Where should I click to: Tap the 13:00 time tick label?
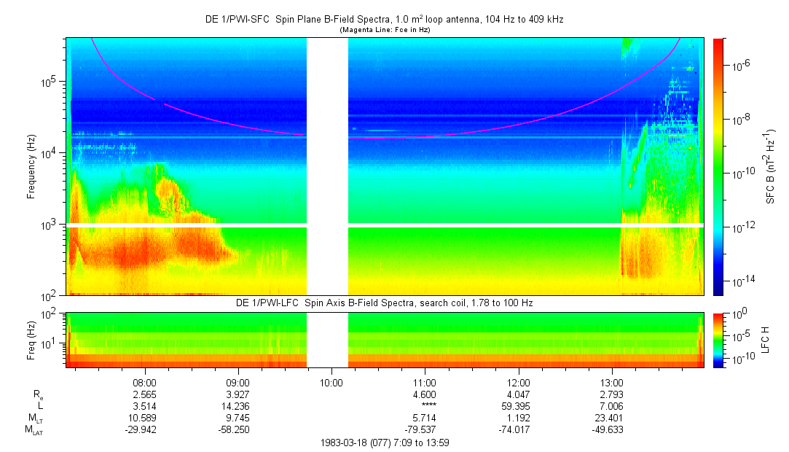tap(612, 382)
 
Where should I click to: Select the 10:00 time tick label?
tap(331, 382)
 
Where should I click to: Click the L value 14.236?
tap(238, 406)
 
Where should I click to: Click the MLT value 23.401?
tap(612, 418)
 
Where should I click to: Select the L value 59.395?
tap(519, 406)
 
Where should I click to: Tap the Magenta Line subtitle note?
tap(384, 30)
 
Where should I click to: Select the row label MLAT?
tap(35, 430)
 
